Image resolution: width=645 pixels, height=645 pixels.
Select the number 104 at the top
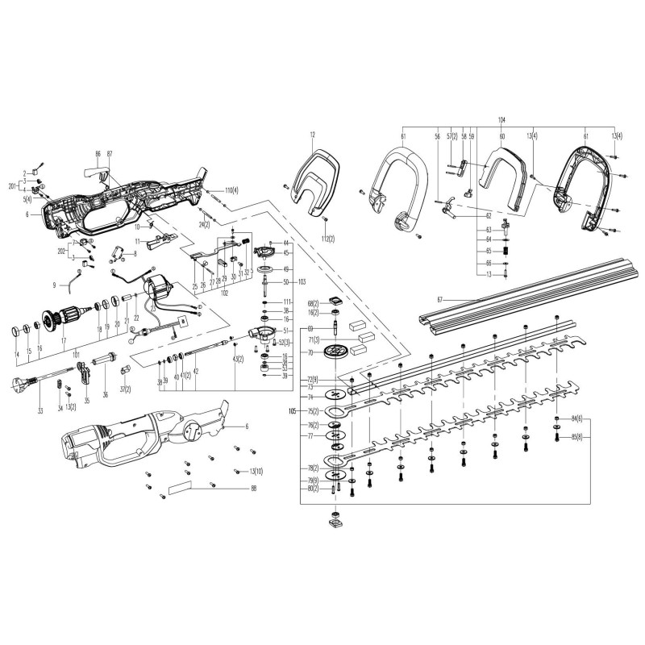(x=501, y=119)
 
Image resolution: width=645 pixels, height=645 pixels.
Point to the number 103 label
(x=302, y=282)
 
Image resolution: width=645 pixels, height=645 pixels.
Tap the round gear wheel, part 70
(x=335, y=352)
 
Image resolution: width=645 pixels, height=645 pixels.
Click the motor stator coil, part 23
(x=158, y=291)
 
